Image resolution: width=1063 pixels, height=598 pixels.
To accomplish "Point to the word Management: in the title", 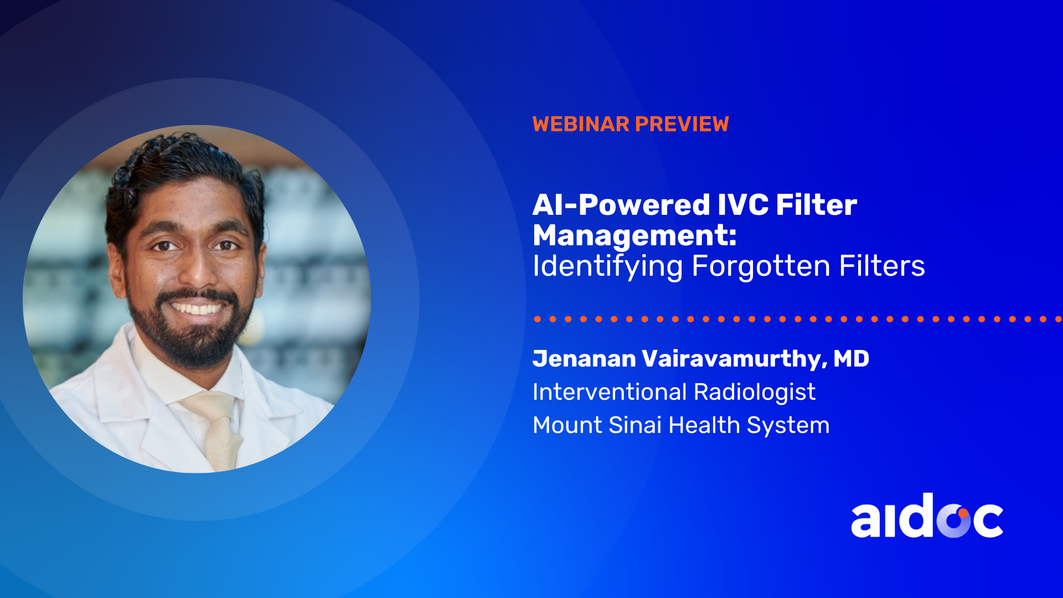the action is (x=634, y=236).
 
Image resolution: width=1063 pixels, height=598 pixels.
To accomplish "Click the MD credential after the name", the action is (x=852, y=359).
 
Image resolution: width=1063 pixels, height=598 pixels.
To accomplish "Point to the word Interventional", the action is (x=610, y=392).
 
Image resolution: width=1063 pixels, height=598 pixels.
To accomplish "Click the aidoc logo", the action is (x=927, y=515).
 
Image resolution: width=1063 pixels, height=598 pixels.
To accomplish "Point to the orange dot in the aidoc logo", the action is (x=963, y=513).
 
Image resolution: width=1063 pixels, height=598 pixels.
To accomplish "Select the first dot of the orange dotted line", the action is (x=537, y=319).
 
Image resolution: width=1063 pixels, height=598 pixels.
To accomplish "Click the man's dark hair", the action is (x=183, y=166).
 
